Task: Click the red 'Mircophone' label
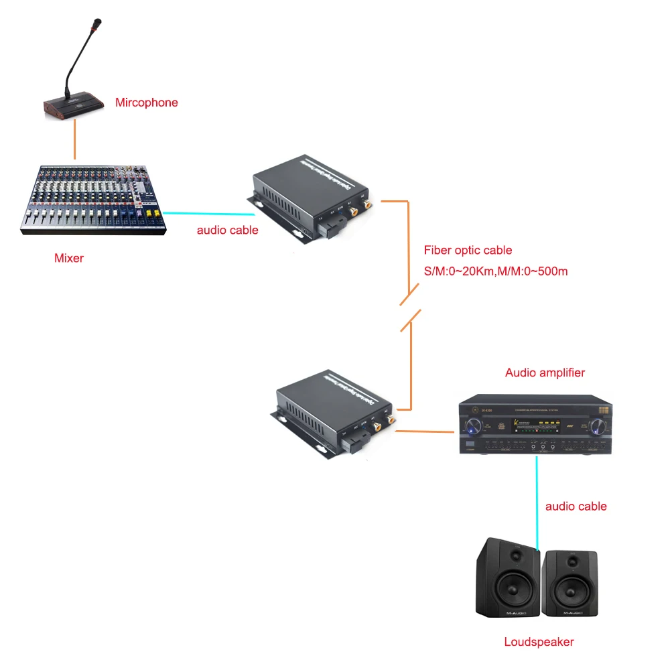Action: [x=146, y=103]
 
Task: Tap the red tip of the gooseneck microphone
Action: [x=98, y=24]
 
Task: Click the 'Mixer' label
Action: [x=69, y=258]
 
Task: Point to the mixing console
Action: [x=92, y=199]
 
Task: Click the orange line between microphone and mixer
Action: [x=74, y=141]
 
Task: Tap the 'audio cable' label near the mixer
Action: [x=227, y=230]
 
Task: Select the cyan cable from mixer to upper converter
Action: [x=208, y=214]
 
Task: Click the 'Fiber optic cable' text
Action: [x=468, y=251]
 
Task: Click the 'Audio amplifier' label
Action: [x=545, y=373]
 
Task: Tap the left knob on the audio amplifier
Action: [x=473, y=424]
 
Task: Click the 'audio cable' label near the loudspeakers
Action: [x=576, y=507]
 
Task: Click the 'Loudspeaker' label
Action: [x=539, y=642]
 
